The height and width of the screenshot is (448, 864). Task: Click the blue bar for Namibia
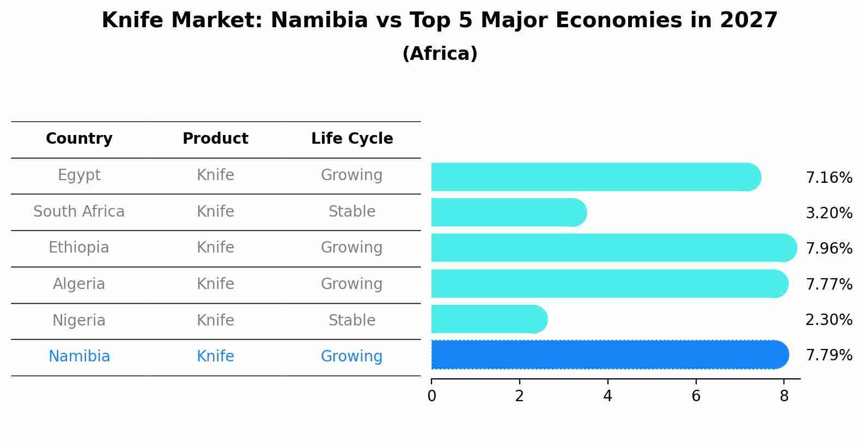pyautogui.click(x=609, y=355)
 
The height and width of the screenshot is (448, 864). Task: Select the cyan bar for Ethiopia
pyautogui.click(x=613, y=248)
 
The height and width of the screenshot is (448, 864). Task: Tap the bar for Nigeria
pyautogui.click(x=489, y=320)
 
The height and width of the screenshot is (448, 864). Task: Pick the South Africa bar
pyautogui.click(x=508, y=212)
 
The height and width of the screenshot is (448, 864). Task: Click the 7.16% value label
pyautogui.click(x=829, y=178)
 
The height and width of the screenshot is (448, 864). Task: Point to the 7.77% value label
pyautogui.click(x=829, y=284)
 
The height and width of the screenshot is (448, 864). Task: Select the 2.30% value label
pyautogui.click(x=829, y=320)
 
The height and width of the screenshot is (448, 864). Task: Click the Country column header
pyautogui.click(x=79, y=139)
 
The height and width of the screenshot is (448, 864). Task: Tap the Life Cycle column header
pyautogui.click(x=352, y=139)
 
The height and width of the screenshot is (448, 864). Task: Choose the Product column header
pyautogui.click(x=215, y=139)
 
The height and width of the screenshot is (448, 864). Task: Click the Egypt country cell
pyautogui.click(x=79, y=175)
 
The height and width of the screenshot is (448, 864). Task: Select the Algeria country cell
pyautogui.click(x=79, y=284)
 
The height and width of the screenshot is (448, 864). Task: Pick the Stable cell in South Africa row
pyautogui.click(x=352, y=212)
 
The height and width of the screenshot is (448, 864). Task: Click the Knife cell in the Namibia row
pyautogui.click(x=215, y=357)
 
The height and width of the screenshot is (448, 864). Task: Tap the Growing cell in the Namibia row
pyautogui.click(x=352, y=357)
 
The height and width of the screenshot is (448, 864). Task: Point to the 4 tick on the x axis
pyautogui.click(x=607, y=396)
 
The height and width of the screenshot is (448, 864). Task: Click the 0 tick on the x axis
pyautogui.click(x=431, y=396)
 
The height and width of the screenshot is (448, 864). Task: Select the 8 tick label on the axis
pyautogui.click(x=784, y=396)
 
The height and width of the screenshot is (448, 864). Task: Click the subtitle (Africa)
pyautogui.click(x=440, y=54)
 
